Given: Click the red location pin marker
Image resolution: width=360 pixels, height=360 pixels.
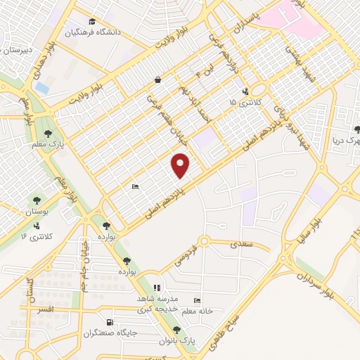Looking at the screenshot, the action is (181, 165).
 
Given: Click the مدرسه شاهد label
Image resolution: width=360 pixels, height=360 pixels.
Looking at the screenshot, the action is (157, 299).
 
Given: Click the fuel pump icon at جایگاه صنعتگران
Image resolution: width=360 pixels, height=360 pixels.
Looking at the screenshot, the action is (110, 323).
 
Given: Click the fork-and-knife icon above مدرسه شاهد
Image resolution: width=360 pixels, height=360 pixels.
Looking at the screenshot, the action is (157, 288).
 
